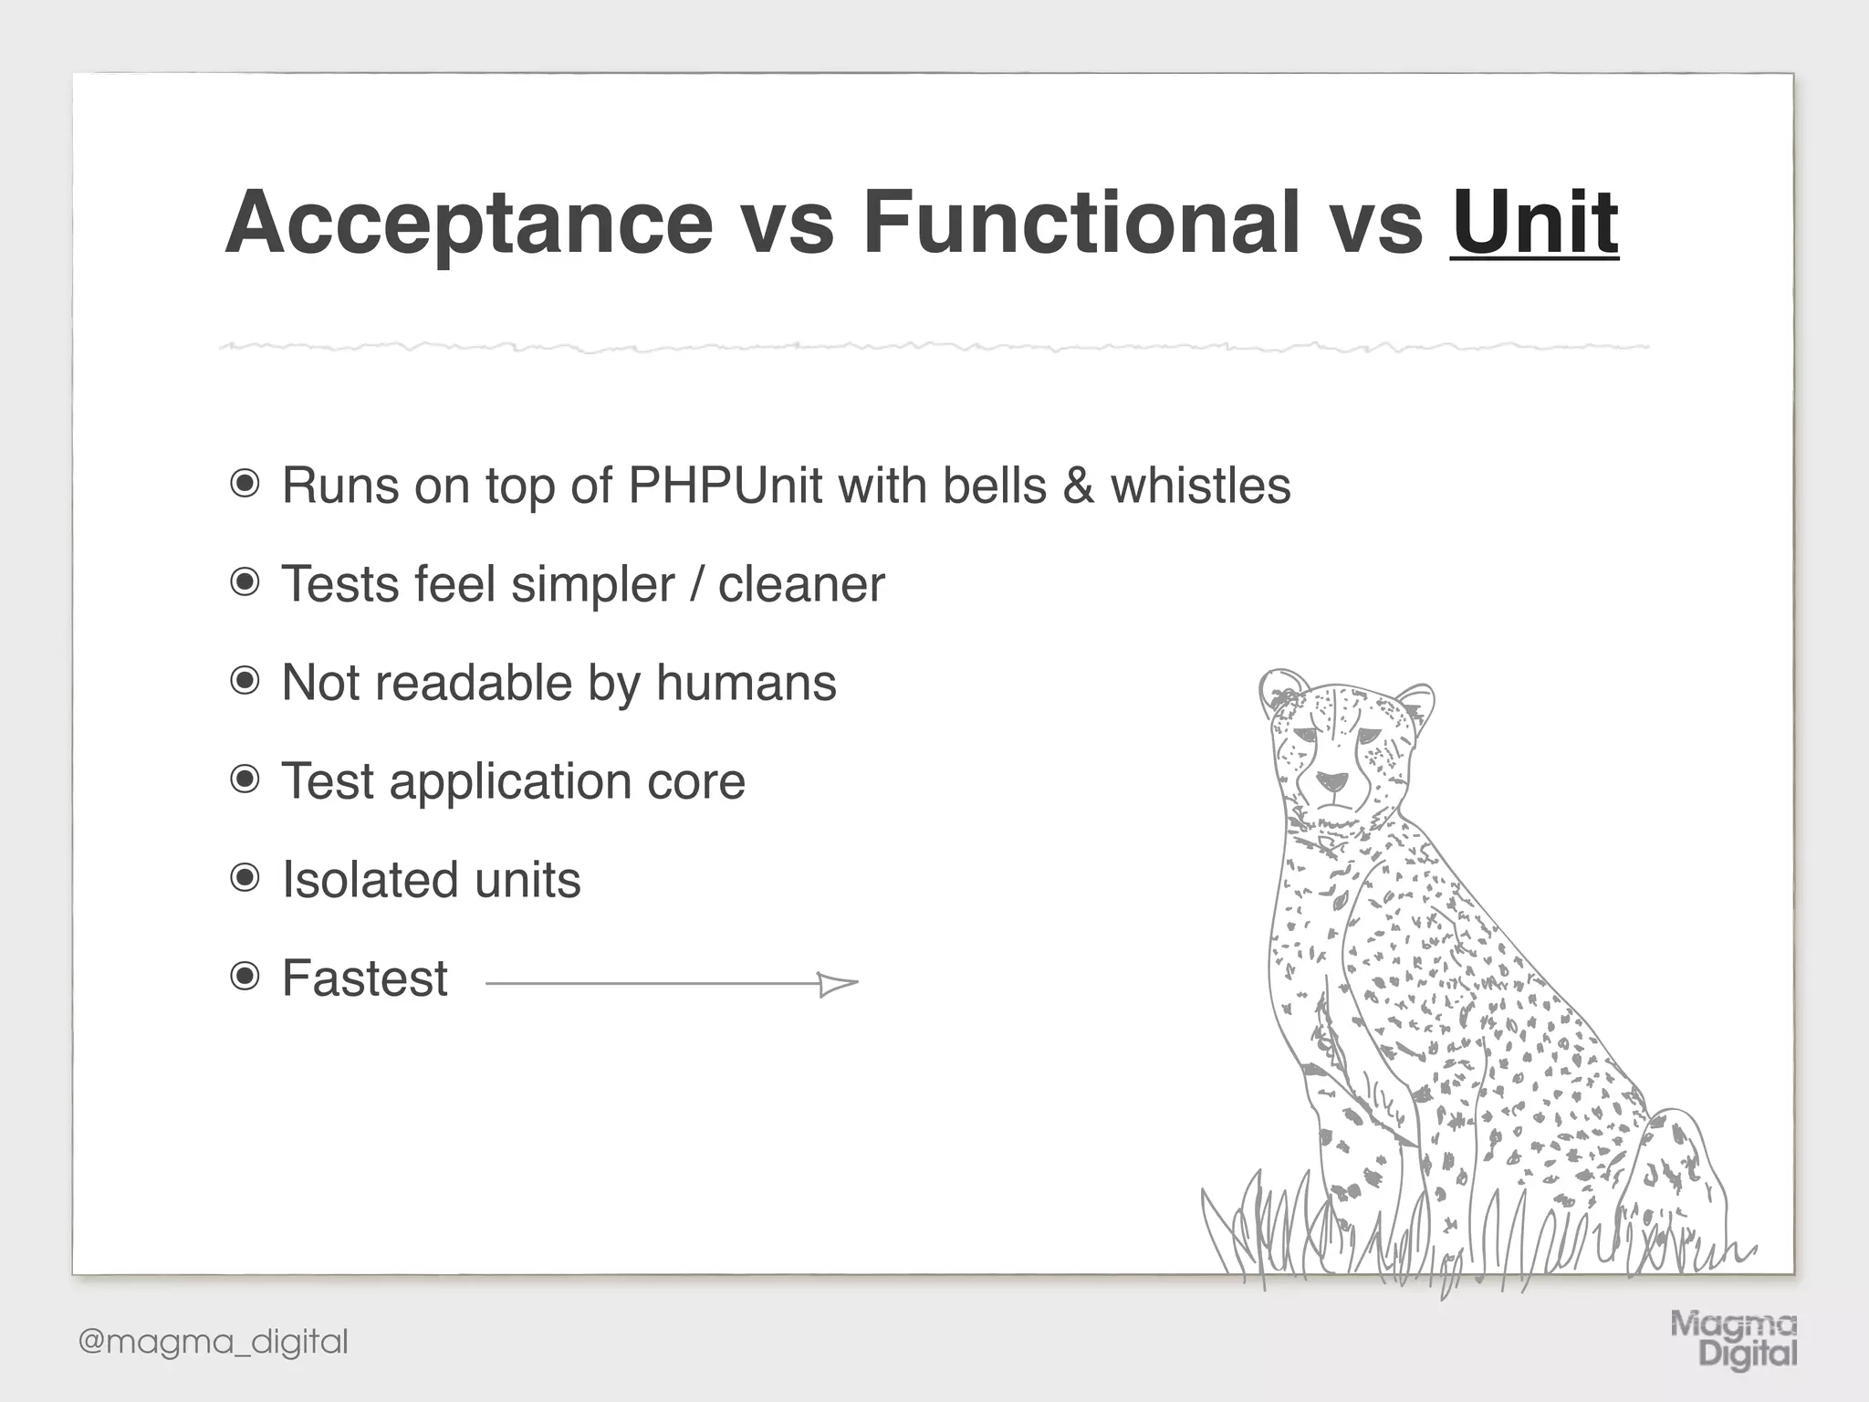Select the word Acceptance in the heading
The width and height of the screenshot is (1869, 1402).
click(468, 224)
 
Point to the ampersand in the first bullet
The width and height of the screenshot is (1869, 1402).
click(1078, 486)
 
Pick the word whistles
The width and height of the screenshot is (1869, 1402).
click(1200, 486)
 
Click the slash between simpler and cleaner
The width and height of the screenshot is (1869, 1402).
click(696, 584)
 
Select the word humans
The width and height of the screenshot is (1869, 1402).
click(746, 683)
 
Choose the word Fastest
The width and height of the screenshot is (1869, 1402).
click(364, 978)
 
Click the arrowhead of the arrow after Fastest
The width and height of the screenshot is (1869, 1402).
click(838, 984)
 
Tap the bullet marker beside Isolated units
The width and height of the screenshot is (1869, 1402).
click(245, 879)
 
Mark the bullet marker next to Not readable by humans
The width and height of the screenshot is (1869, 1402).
click(245, 681)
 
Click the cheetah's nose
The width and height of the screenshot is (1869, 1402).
click(1331, 782)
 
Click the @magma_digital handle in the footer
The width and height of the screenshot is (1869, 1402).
click(214, 1342)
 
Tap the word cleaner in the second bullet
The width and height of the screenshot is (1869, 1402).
click(801, 584)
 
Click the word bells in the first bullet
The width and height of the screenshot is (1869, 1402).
click(994, 486)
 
